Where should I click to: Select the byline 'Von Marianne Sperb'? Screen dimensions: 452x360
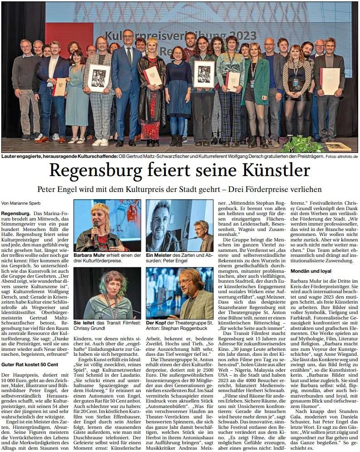click(21, 203)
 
